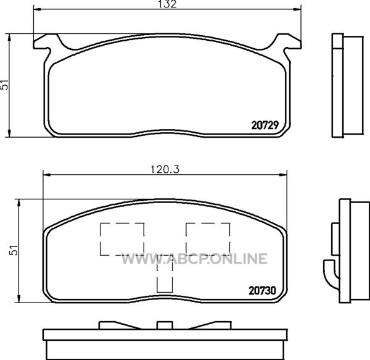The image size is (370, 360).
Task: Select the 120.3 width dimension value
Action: pos(165,169)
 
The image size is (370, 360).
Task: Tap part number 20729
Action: pos(265,125)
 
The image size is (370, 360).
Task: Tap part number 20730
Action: pos(262,291)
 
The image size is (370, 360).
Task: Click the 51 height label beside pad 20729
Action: pos(4,85)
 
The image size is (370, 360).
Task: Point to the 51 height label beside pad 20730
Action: pos(14,250)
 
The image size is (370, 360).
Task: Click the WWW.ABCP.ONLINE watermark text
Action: pos(194,259)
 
